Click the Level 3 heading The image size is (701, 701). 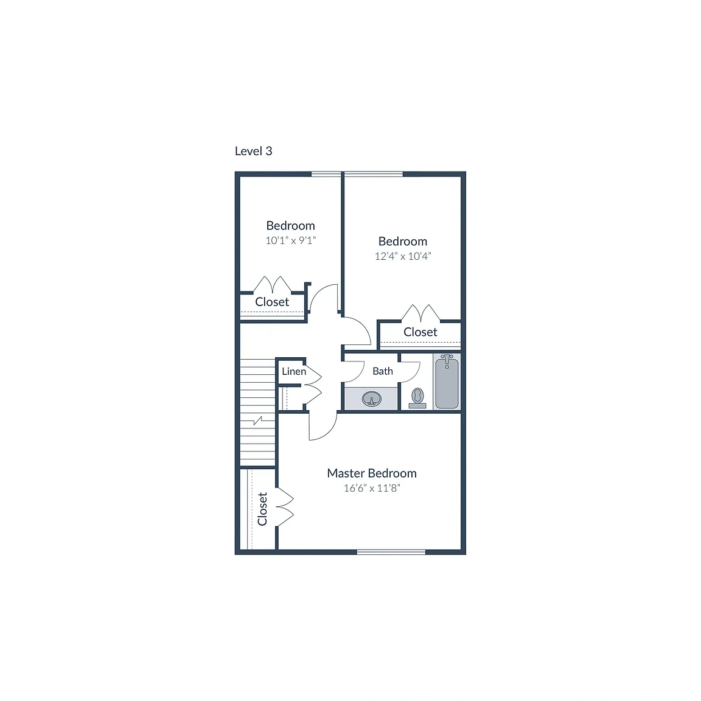[x=254, y=151]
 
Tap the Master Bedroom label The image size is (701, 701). [x=372, y=473]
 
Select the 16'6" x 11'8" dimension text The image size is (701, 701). [x=372, y=488]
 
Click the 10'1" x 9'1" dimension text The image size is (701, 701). [x=291, y=240]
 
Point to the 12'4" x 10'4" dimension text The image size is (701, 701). [x=403, y=256]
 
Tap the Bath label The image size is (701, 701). [x=383, y=371]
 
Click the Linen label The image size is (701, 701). [x=294, y=371]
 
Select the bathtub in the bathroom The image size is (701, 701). [x=447, y=382]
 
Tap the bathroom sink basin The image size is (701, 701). [x=372, y=399]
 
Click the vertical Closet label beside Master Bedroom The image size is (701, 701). [x=262, y=509]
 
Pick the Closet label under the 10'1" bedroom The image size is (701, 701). [x=272, y=302]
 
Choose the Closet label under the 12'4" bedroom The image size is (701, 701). [x=420, y=332]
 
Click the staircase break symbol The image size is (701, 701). [x=258, y=420]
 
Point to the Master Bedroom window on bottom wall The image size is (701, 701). [x=391, y=552]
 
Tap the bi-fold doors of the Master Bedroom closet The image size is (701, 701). [x=284, y=506]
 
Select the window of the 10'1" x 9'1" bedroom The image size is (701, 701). [x=326, y=174]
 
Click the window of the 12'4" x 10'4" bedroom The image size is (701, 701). [x=374, y=174]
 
